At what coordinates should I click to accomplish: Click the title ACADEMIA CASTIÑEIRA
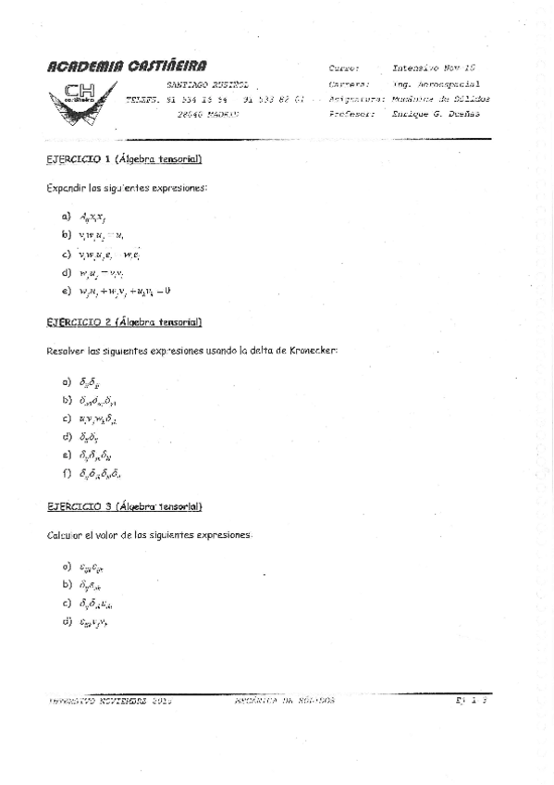(128, 66)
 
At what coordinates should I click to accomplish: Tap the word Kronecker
(314, 351)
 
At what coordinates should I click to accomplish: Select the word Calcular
(63, 536)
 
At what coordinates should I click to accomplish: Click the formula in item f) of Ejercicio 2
(100, 473)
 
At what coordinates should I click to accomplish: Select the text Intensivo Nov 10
(434, 69)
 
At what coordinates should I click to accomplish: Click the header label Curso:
(344, 69)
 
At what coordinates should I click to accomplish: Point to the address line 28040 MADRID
(207, 114)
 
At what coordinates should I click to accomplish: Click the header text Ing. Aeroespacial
(437, 83)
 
